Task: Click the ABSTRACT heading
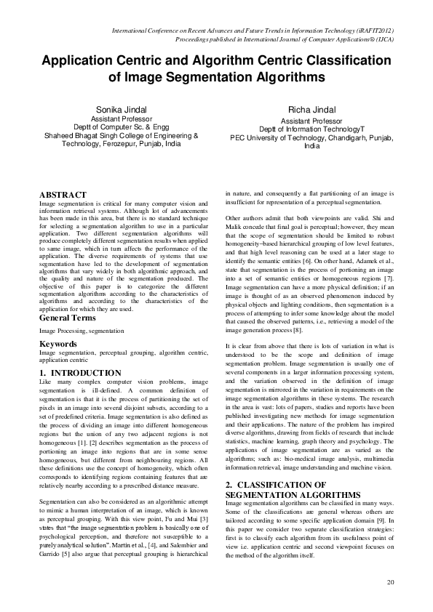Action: pyautogui.click(x=63, y=196)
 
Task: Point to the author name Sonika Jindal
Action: pyautogui.click(x=121, y=109)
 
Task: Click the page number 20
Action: pyautogui.click(x=391, y=582)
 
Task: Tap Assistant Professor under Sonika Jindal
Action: pyautogui.click(x=121, y=118)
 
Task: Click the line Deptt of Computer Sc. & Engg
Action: pyautogui.click(x=121, y=127)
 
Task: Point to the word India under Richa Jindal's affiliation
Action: pyautogui.click(x=311, y=145)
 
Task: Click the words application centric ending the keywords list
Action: pyautogui.click(x=63, y=360)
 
